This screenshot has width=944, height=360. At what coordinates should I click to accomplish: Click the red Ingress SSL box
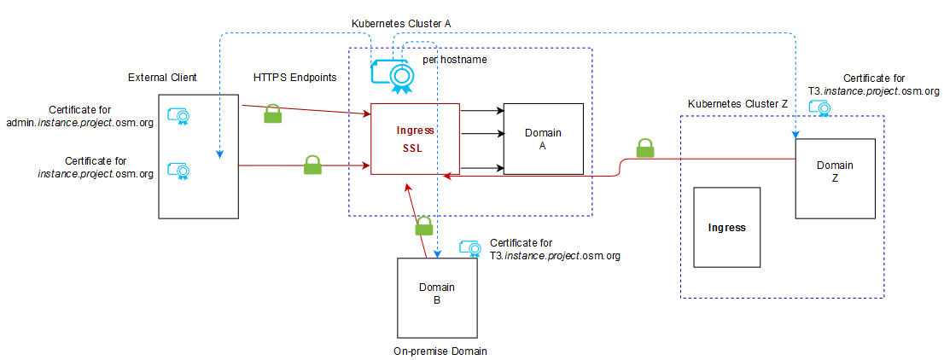(x=416, y=139)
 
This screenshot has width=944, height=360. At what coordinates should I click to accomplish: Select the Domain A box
(x=543, y=139)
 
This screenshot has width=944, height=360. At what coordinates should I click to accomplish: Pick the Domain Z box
(x=835, y=177)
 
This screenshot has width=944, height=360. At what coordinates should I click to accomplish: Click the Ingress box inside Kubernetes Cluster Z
(x=725, y=228)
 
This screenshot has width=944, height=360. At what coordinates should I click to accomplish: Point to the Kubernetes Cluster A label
(x=400, y=24)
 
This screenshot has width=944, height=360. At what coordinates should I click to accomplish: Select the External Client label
(x=162, y=78)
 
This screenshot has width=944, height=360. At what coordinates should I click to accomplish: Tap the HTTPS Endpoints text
(x=294, y=78)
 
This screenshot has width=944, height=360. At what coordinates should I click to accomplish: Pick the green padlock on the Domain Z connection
(x=644, y=148)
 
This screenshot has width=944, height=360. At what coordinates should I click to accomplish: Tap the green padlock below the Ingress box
(x=423, y=226)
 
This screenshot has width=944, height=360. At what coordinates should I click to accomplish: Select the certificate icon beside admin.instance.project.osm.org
(x=178, y=116)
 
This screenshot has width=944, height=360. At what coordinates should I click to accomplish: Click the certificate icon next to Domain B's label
(x=469, y=248)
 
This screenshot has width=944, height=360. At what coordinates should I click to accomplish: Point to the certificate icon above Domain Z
(x=820, y=108)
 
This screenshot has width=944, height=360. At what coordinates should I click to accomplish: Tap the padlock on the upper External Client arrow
(x=272, y=113)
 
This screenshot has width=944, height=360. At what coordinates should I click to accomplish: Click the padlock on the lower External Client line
(x=312, y=165)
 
